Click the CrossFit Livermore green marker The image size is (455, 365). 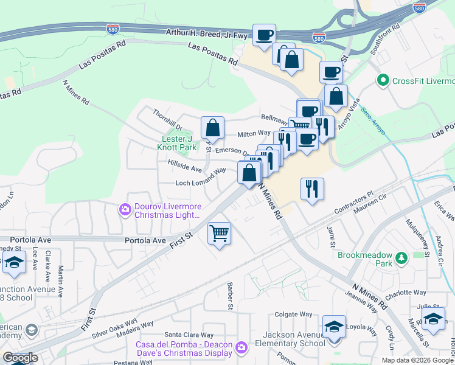click(x=383, y=80)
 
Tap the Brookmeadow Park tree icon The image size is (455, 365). click(x=401, y=259)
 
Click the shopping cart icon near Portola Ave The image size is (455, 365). click(x=219, y=232)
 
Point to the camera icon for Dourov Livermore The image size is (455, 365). click(x=125, y=209)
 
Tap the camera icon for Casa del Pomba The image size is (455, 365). click(x=241, y=346)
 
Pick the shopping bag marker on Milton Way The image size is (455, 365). click(x=212, y=128)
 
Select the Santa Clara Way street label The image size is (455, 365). click(x=189, y=335)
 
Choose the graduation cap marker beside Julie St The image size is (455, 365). click(x=433, y=319)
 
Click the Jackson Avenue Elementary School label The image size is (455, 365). click(x=294, y=339)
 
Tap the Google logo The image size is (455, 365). click(x=20, y=358)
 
